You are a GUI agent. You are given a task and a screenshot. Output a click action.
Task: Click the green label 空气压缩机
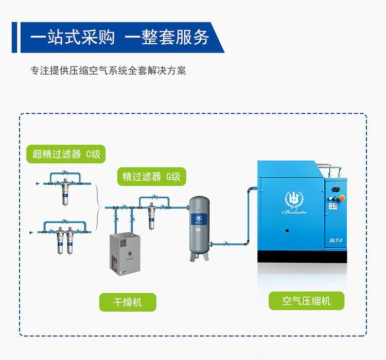click(306, 301)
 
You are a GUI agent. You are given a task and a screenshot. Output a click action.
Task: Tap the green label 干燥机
click(127, 302)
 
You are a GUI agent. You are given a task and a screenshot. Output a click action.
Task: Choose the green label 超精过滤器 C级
click(66, 153)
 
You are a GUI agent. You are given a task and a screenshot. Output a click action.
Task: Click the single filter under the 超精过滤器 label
click(65, 193)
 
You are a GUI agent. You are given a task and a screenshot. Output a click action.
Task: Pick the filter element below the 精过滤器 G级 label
click(152, 216)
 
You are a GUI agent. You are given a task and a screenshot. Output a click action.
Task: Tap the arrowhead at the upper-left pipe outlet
click(34, 183)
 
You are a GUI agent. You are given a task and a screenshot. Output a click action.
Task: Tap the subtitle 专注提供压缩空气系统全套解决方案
click(108, 71)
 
